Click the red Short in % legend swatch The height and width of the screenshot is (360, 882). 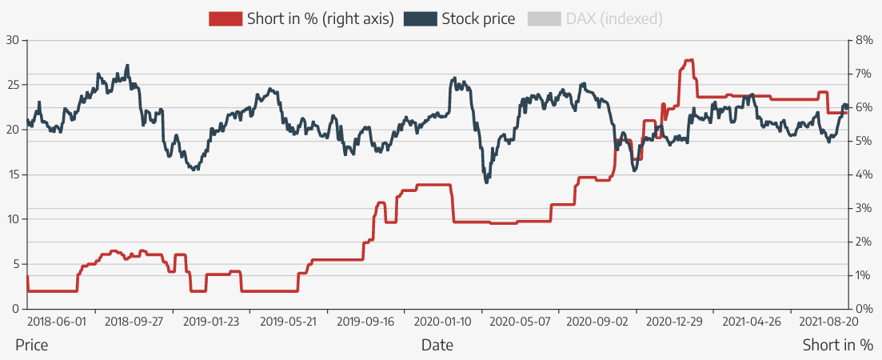click(225, 18)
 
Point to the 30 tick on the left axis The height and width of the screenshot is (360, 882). click(11, 39)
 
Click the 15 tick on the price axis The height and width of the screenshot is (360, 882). click(11, 174)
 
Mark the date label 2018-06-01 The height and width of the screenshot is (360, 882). click(55, 322)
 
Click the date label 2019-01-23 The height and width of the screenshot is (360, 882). click(211, 322)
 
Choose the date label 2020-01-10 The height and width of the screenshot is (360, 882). click(443, 322)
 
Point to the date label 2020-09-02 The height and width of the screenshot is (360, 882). click(597, 322)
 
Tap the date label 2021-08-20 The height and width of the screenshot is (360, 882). click(829, 322)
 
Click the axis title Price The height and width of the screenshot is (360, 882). click(31, 346)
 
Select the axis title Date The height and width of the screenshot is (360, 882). click(437, 346)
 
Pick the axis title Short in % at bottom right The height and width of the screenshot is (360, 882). click(838, 346)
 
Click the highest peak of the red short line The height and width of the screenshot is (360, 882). click(688, 60)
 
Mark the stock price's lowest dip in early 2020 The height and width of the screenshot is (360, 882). click(486, 182)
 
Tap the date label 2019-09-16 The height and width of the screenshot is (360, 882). click(365, 322)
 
